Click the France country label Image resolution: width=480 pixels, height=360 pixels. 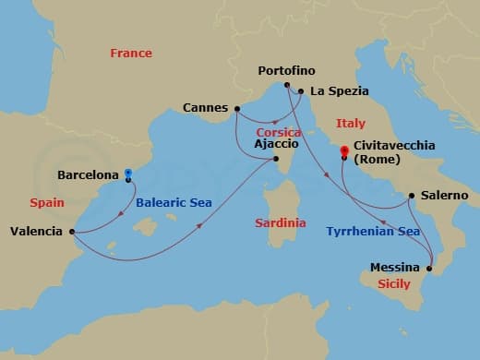pos(131,54)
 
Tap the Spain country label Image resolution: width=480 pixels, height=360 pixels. pos(45,200)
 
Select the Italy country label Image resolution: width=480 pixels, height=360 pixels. pos(350,124)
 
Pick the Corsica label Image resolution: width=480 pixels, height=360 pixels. pos(279,133)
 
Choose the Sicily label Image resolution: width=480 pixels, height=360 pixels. pos(394,285)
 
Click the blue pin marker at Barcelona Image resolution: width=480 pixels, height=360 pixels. pos(128,173)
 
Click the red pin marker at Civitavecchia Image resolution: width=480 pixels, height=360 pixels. pos(343,150)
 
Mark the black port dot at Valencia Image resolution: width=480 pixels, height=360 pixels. pos(72,232)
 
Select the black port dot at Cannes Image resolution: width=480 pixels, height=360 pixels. pos(237,107)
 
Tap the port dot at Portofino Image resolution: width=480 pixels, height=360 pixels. pos(288,86)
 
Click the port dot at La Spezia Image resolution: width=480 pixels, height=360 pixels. pos(301,91)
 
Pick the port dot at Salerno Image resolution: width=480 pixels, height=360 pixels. pos(411,196)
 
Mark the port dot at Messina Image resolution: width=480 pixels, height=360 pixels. pos(429,268)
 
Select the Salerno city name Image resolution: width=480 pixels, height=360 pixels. pos(444,196)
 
